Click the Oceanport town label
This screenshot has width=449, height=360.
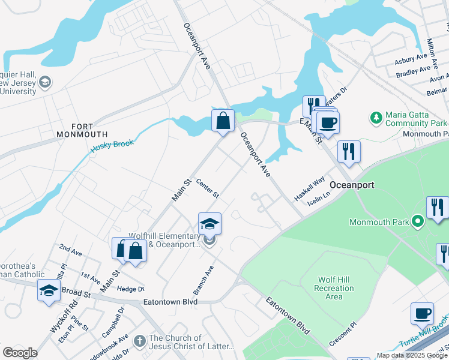point(352,185)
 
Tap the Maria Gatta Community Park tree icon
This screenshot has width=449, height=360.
point(376,117)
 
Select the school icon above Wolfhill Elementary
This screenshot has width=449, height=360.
point(209,224)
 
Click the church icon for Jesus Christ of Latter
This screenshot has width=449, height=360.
point(139,341)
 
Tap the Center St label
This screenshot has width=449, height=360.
point(208,190)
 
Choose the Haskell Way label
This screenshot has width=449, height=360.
point(309,188)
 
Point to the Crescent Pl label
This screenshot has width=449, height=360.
point(343,336)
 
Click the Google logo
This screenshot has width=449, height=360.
point(20,353)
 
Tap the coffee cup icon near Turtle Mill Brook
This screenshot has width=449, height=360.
point(422,314)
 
